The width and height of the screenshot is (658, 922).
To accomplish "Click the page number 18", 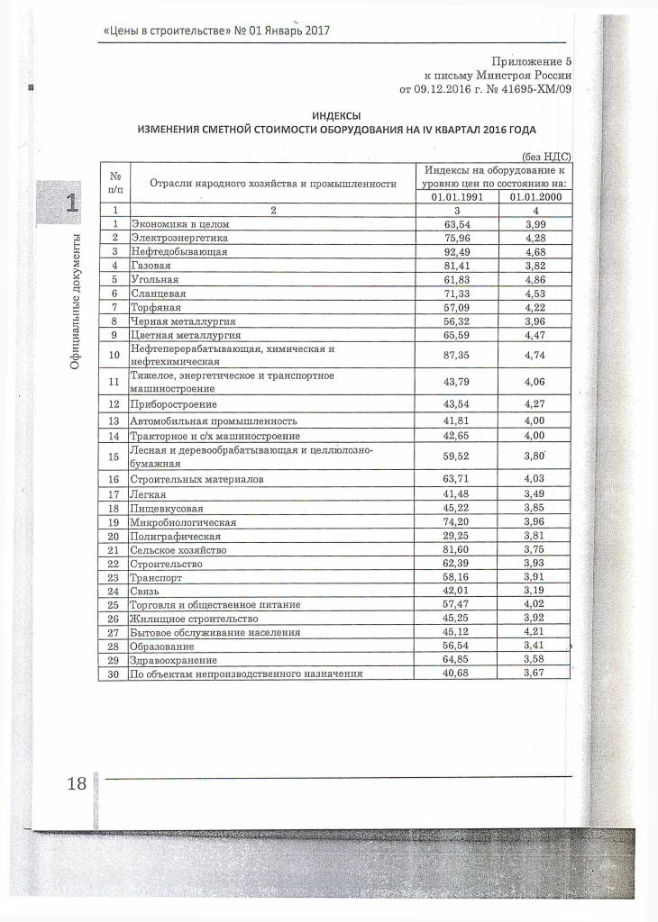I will [x=76, y=783].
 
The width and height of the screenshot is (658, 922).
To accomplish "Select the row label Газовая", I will [x=151, y=267].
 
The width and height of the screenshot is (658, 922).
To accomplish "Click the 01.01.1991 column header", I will [x=459, y=196].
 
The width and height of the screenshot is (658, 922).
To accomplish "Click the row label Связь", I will [x=146, y=592].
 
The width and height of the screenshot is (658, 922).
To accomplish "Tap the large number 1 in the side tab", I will [x=71, y=202].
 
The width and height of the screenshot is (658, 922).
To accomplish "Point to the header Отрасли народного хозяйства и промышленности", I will [x=272, y=183].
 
